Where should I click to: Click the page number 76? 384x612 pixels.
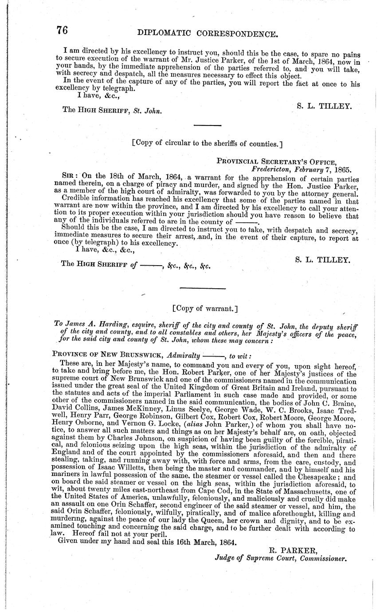tap(62, 31)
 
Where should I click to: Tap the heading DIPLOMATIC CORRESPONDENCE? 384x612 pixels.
tap(208, 33)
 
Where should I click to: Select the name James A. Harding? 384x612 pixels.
tap(91, 326)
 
